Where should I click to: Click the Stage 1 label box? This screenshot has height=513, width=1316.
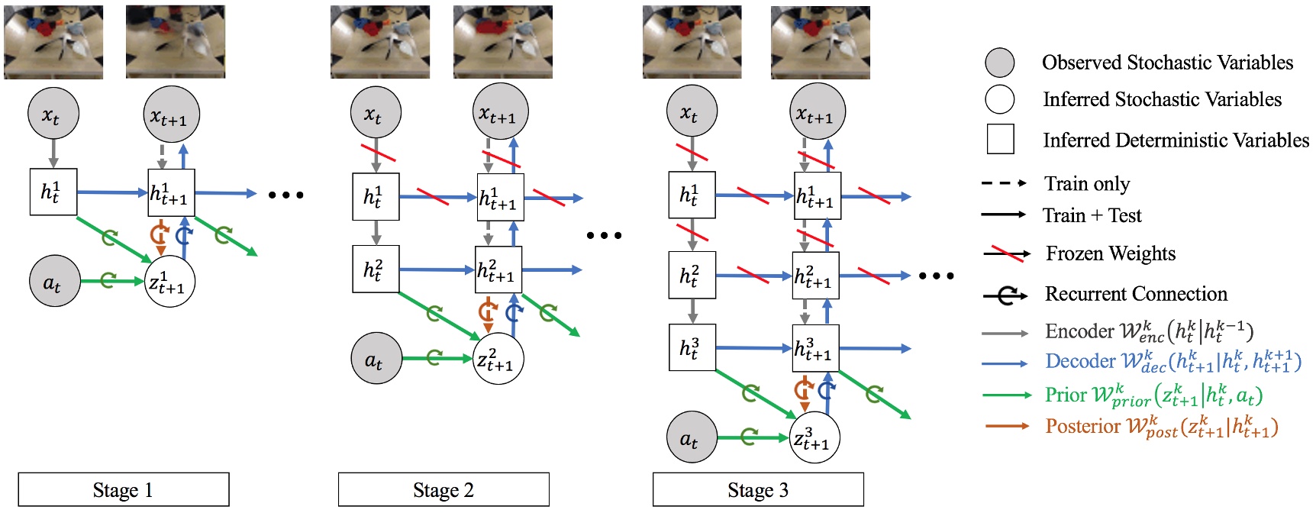tap(123, 489)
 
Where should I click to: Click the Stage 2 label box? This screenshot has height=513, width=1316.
tap(443, 489)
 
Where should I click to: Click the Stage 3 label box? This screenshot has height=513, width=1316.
tap(757, 489)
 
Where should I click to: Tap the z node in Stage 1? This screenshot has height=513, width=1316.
tap(169, 282)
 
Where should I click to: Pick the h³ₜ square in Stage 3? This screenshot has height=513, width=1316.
tap(692, 347)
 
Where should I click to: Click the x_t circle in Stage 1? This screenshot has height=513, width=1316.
tap(53, 114)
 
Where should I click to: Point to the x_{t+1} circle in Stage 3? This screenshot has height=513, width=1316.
tap(817, 111)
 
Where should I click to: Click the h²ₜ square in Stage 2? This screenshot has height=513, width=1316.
tap(376, 269)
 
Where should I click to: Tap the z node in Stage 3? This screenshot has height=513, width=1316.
tap(814, 437)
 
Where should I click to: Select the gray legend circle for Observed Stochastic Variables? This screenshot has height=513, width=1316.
tap(999, 63)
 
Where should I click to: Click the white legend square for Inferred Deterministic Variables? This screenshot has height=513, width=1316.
tap(1000, 140)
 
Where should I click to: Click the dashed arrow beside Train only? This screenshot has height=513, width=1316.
tap(1004, 183)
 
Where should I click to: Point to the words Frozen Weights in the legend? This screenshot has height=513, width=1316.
tap(1110, 253)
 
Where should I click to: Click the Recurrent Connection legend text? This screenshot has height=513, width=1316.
tap(1136, 294)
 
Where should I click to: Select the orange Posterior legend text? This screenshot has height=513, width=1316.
tap(1160, 426)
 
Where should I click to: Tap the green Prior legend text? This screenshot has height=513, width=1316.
tap(1153, 395)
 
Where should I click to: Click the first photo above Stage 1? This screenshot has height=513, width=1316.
tap(53, 42)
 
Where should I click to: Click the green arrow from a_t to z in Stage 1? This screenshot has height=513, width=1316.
tap(111, 281)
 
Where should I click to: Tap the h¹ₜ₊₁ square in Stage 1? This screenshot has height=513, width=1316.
tap(171, 192)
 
